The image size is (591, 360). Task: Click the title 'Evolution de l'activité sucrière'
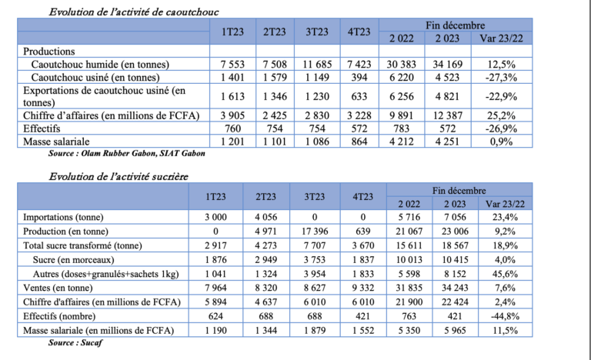[119, 176]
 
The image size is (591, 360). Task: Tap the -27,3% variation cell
[496, 77]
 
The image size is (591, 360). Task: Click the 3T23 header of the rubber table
[317, 32]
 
